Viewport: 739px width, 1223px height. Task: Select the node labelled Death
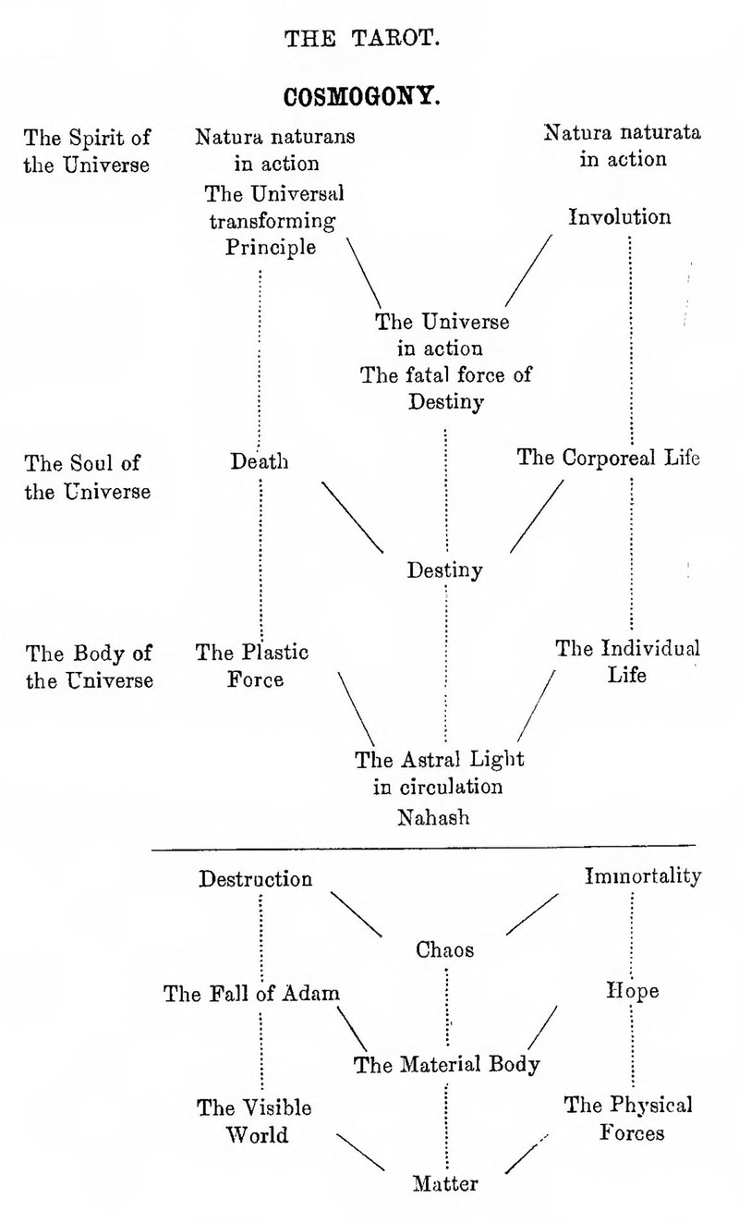[260, 459]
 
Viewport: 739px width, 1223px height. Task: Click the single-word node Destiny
[445, 569]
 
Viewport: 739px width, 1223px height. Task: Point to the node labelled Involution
[620, 218]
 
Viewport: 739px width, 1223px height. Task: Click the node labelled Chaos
[445, 949]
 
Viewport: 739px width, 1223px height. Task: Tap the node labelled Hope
[633, 991]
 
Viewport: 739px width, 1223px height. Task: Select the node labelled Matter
[445, 1183]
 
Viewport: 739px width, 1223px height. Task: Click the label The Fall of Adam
[252, 994]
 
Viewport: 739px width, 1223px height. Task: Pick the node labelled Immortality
[643, 876]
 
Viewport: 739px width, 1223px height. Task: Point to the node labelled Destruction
[256, 878]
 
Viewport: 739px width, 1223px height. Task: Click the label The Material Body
[447, 1064]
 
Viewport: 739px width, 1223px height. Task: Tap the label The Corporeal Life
[609, 458]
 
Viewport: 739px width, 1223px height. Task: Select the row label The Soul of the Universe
[88, 476]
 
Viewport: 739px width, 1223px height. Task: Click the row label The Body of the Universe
[89, 667]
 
